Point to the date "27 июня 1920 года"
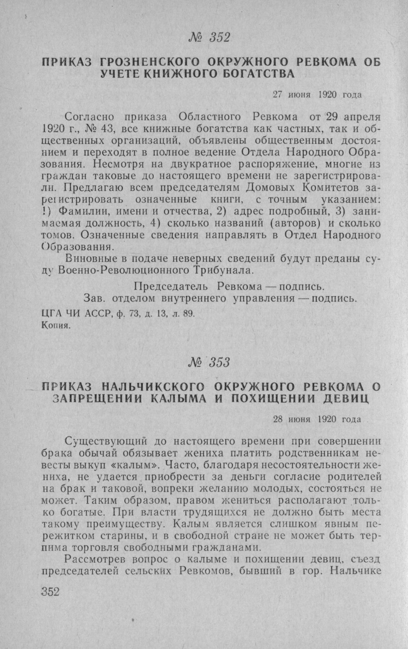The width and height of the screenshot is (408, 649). (317, 95)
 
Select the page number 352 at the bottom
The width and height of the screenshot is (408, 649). (50, 591)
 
